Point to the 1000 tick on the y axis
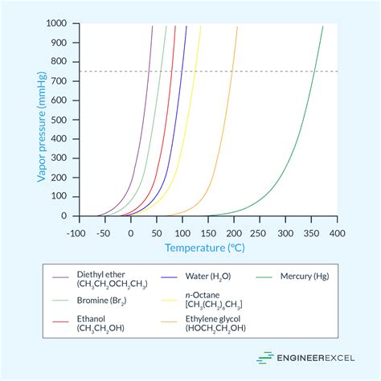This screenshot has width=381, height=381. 63,23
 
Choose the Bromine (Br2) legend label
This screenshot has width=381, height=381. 101,300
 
